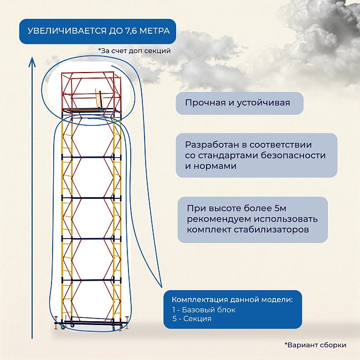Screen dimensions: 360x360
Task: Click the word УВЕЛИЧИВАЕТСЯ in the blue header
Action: pyautogui.click(x=66, y=31)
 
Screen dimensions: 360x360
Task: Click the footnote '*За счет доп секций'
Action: pyautogui.click(x=133, y=51)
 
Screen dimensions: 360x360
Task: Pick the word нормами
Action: pyautogui.click(x=216, y=166)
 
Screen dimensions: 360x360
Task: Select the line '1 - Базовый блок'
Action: pyautogui.click(x=203, y=310)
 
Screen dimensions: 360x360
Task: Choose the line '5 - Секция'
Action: pyautogui.click(x=192, y=318)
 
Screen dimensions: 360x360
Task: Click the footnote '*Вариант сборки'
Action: pyautogui.click(x=315, y=344)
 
